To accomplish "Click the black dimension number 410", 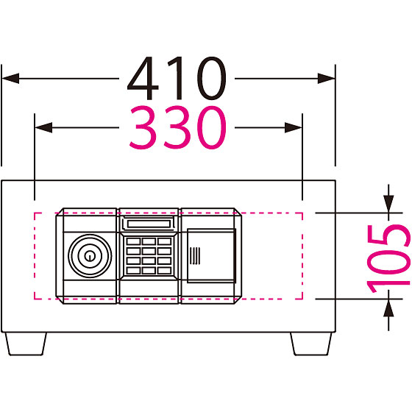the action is (177, 78).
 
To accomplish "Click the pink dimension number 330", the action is (178, 127).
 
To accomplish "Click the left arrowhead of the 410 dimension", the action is (10, 78).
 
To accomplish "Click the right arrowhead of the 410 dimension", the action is (326, 78).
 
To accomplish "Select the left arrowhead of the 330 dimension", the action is (43, 128).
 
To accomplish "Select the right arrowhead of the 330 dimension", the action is (294, 128).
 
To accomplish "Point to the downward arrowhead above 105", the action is (388, 204).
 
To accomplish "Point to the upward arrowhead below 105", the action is (388, 308).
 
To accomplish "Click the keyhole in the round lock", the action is (90, 255).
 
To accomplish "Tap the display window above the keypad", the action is (149, 224).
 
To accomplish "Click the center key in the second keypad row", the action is (149, 251).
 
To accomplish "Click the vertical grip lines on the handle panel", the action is (195, 256).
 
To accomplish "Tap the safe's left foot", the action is (26, 344).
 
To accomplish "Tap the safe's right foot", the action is (311, 344).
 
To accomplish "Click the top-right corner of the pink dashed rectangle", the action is (302, 213).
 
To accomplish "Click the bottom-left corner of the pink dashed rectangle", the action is (35, 299).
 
